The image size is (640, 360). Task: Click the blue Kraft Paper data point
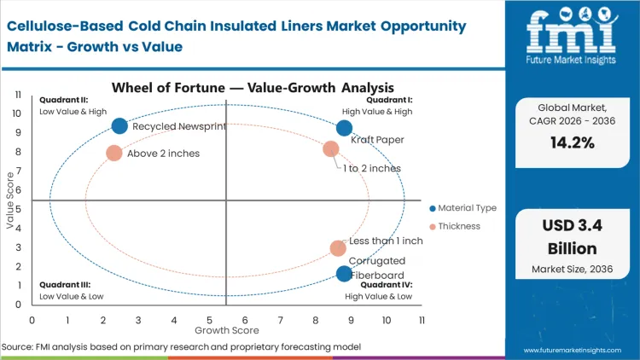tap(344, 128)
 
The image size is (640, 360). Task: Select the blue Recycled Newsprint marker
tap(119, 126)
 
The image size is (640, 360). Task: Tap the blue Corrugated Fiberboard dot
tap(344, 274)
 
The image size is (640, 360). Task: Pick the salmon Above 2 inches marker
tap(114, 154)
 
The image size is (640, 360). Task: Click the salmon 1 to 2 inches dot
tap(331, 149)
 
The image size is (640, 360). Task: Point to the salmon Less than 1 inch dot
tap(338, 248)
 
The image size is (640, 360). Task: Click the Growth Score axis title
tap(226, 329)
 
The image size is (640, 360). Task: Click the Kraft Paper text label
tap(377, 140)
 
